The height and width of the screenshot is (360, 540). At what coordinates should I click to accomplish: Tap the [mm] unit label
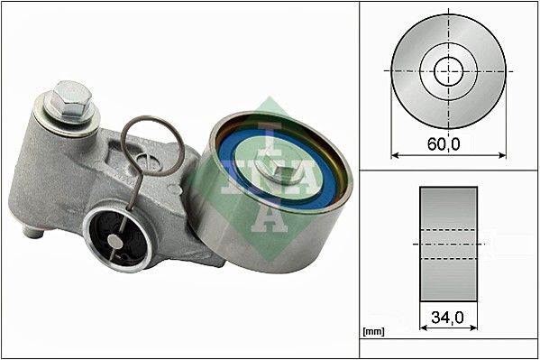coord(373,331)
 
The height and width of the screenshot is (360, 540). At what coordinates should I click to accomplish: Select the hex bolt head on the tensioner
coord(70,97)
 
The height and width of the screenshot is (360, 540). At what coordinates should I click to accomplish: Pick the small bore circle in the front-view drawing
coord(448,70)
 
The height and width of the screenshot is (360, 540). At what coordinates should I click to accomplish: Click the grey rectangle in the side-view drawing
coord(448,244)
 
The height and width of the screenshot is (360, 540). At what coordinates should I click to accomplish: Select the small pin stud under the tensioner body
coord(33,232)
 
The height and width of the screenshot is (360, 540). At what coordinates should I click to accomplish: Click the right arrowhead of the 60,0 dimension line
coord(502,155)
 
